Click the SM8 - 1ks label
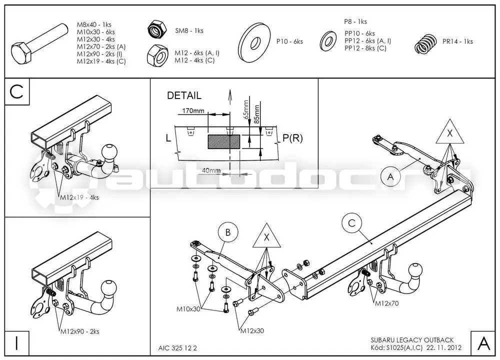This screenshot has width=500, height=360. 189,30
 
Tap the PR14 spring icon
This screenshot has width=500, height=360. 425,44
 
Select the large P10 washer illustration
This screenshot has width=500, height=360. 254,42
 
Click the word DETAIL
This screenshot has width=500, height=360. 184,95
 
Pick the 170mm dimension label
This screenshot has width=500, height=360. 193,111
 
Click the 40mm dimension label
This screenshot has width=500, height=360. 211,170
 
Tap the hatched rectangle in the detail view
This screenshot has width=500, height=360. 224,141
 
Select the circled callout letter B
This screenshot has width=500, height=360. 228,232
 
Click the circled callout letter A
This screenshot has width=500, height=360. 390,176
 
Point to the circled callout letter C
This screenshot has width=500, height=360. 351,223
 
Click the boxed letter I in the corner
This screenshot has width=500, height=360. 16,343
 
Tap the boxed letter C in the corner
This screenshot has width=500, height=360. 16,91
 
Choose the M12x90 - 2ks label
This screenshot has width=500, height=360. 79,331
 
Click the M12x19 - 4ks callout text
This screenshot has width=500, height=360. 79,197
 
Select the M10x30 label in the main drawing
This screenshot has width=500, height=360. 188,309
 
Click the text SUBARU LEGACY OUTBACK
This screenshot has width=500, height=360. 412,340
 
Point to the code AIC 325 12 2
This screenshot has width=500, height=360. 177,348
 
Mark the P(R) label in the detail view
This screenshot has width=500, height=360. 292,138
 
